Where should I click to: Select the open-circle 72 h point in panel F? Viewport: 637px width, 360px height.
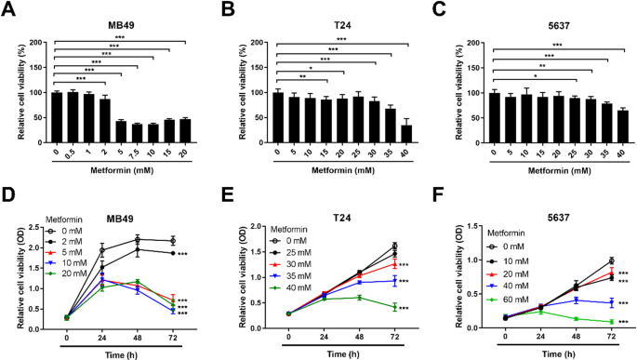(610, 260)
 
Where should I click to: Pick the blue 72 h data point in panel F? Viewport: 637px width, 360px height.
(610, 303)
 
